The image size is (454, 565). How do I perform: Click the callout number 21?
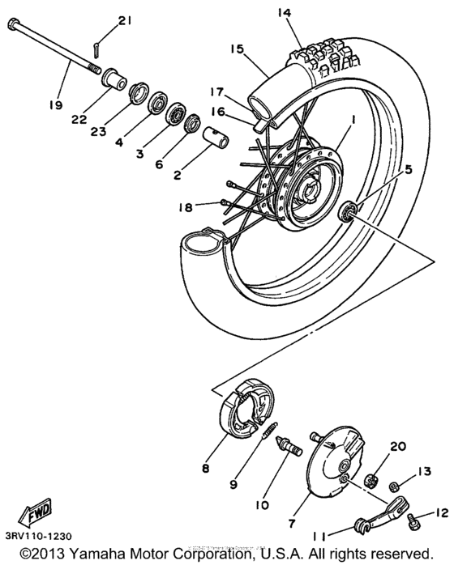[x=123, y=20]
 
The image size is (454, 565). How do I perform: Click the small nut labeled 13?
[x=392, y=486]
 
